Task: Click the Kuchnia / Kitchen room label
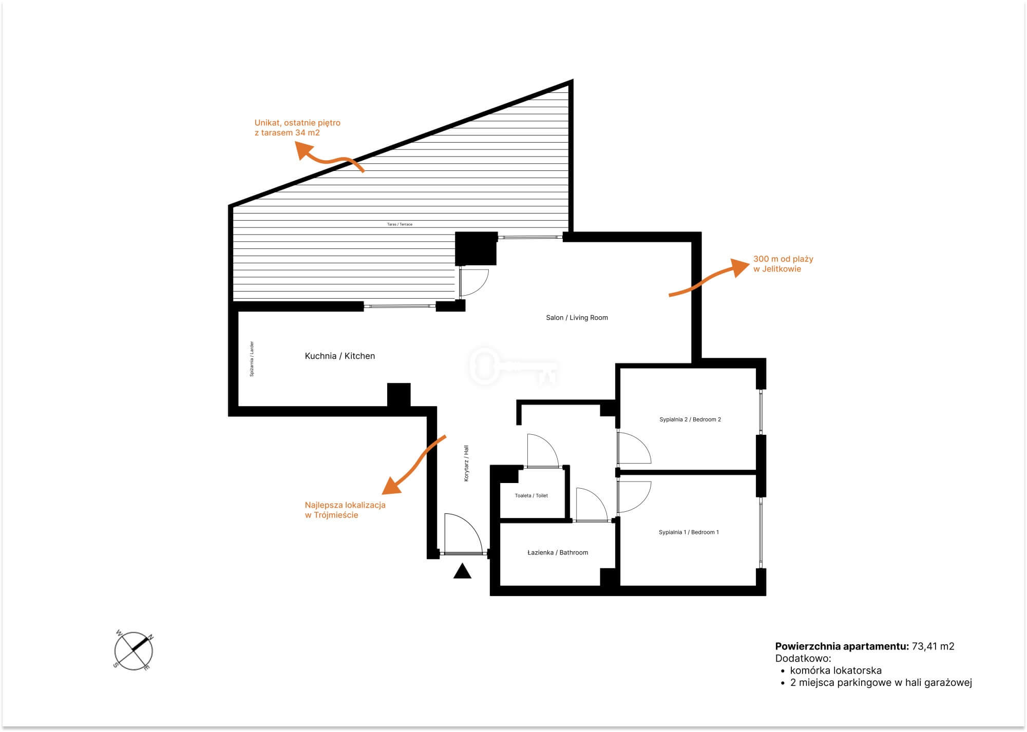(x=340, y=356)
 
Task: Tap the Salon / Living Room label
(x=577, y=318)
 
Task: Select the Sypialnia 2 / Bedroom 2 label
(x=690, y=419)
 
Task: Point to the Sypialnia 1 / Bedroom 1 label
(x=689, y=532)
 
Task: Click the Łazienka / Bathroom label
(x=558, y=552)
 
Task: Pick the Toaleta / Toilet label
(x=531, y=495)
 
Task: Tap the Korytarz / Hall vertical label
(x=466, y=463)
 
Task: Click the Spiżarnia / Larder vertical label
(x=252, y=359)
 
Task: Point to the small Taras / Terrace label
(x=400, y=224)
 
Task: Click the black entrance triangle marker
(x=462, y=571)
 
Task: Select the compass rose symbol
(x=134, y=651)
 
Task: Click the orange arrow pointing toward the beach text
(x=704, y=280)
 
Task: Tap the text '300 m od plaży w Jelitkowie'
(x=783, y=264)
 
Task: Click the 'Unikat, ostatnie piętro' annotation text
(x=297, y=123)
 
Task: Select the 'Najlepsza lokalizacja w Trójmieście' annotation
(x=345, y=510)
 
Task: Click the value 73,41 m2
(x=933, y=646)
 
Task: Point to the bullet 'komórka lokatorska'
(x=835, y=670)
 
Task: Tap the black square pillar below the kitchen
(x=398, y=395)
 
